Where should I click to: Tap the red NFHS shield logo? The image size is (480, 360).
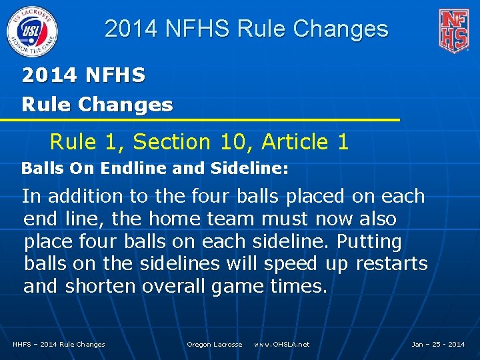point(453,31)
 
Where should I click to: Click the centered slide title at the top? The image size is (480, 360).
point(246,29)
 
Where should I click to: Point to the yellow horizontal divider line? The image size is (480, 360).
point(200,120)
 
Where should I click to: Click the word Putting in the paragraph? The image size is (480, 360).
point(369,241)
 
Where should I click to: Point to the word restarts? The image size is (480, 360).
point(391,264)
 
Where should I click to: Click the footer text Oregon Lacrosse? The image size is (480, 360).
point(214,345)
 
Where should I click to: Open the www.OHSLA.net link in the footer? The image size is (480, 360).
point(281,345)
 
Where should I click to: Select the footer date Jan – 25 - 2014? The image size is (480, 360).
point(438,345)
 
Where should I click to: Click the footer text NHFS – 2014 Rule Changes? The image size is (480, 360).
point(59,345)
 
